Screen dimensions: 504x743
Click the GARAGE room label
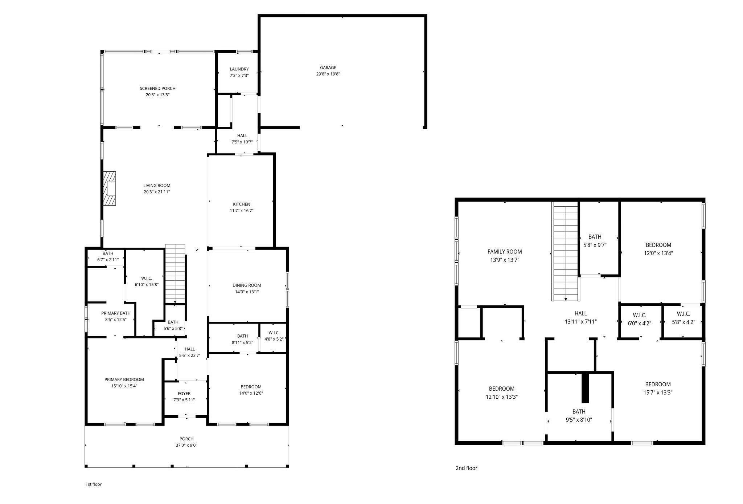coord(328,68)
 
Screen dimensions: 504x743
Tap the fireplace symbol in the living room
coord(110,189)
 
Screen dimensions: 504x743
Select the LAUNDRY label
coord(239,69)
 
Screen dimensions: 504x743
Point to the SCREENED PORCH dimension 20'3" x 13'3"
coord(157,95)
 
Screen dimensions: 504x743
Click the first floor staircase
coord(176,274)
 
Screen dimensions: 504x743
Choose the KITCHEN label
coord(241,204)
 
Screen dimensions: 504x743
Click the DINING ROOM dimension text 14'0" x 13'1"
coord(247,292)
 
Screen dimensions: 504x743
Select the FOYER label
coord(184,394)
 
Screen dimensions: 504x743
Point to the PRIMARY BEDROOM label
coord(124,379)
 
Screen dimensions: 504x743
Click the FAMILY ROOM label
coord(504,252)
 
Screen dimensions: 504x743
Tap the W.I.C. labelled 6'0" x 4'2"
coord(639,319)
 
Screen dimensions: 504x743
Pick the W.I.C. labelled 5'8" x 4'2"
coord(683,318)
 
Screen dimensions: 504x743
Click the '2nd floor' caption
coord(466,468)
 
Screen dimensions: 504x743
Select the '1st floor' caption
coord(94,484)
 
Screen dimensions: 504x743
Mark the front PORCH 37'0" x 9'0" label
coord(186,442)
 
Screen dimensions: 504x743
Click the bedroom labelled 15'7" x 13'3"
coord(658,388)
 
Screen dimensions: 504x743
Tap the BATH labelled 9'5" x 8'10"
coord(579,415)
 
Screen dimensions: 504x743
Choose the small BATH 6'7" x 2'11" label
coord(108,256)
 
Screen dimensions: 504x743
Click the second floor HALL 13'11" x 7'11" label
coord(580,317)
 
